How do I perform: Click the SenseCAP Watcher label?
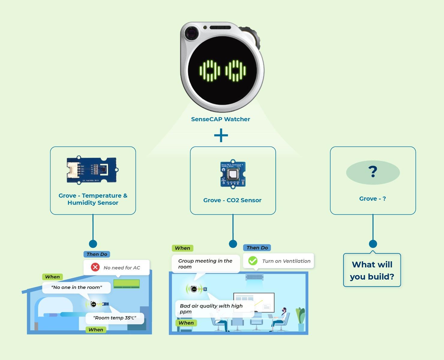click(x=220, y=119)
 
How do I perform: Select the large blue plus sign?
click(x=221, y=135)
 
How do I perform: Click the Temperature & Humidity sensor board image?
click(x=92, y=170)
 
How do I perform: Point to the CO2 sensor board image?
click(x=233, y=174)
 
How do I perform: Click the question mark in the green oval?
click(x=373, y=172)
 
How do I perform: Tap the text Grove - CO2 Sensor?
click(x=232, y=200)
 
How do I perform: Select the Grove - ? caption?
click(x=372, y=199)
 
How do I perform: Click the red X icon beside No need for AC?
click(x=95, y=267)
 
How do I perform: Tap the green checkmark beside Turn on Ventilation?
click(x=253, y=261)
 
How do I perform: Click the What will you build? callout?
click(x=372, y=270)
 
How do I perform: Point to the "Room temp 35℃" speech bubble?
click(x=115, y=318)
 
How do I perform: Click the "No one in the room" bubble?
click(x=76, y=287)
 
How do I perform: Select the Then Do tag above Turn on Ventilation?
click(x=257, y=248)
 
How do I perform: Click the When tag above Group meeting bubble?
click(x=182, y=248)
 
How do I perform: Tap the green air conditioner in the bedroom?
click(x=127, y=284)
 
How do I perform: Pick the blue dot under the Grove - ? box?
click(x=373, y=244)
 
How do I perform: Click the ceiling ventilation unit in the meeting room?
click(x=254, y=277)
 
